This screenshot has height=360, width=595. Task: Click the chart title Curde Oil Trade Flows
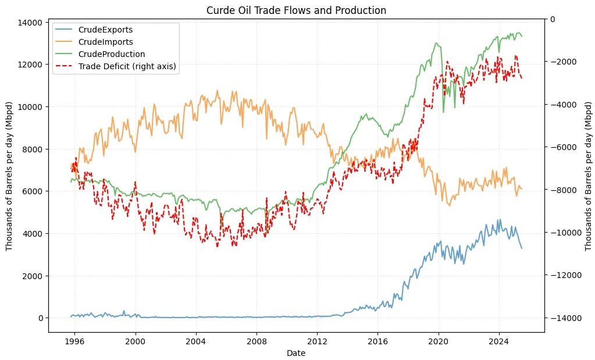coord(297,10)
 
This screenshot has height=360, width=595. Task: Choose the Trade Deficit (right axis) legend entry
coord(127,66)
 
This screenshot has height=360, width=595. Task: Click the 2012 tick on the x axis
coord(317,342)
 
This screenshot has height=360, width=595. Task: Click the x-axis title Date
coord(297,353)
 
